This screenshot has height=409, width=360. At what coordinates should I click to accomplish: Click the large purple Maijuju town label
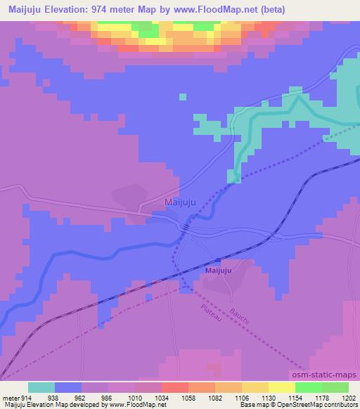pos(179,202)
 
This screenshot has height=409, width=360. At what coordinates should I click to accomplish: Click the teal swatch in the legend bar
pos(41,387)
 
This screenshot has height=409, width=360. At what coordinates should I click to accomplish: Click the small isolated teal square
pos(183,96)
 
